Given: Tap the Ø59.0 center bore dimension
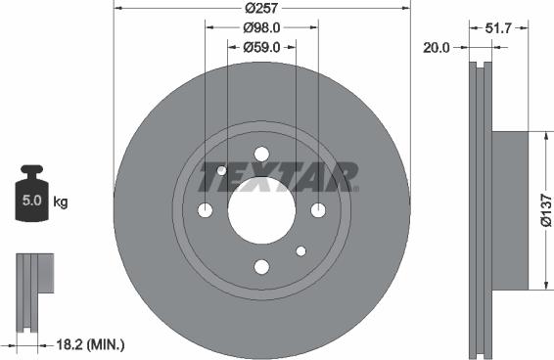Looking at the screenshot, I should click(x=261, y=46).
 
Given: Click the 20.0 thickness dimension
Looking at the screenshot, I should click(x=437, y=45).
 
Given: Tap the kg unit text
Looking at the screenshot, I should click(x=61, y=202).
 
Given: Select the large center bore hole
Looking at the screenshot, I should click(x=261, y=210).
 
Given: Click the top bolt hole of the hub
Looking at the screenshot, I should click(x=261, y=154).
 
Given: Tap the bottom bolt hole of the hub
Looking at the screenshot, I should click(x=261, y=266).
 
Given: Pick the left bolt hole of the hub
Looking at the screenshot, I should click(x=206, y=210).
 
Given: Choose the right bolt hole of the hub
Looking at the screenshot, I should click(x=318, y=210).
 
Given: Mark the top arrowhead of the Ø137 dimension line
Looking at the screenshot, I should click(x=537, y=138).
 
